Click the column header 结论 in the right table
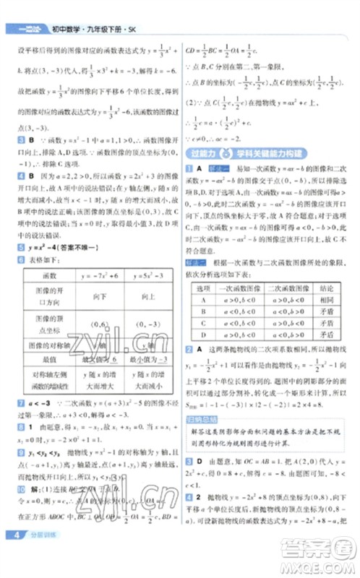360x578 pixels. point(326,288)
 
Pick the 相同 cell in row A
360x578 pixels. point(326,301)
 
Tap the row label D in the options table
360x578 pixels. point(205,335)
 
